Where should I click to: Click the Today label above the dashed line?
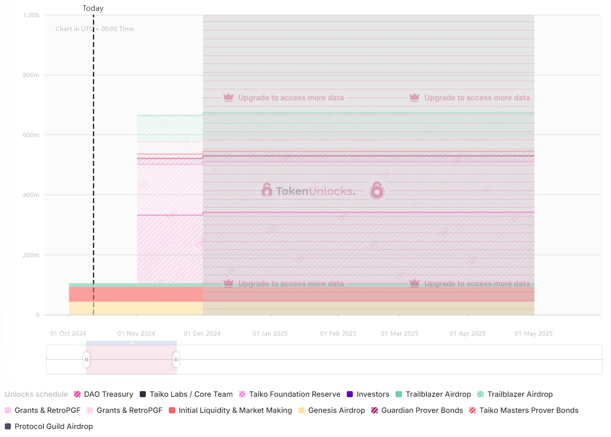[93, 8]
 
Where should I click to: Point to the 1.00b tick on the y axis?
[31, 15]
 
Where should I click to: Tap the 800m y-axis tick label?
[31, 75]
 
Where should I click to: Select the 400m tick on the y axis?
[31, 195]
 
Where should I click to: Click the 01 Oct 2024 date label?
[68, 334]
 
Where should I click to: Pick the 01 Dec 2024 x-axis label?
[202, 334]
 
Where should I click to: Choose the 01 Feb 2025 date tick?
[338, 334]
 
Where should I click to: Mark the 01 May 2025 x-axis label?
[533, 334]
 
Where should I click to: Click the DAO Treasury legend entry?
[104, 394]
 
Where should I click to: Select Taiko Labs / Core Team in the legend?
[186, 394]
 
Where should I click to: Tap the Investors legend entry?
[368, 394]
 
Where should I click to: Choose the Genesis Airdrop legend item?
[332, 410]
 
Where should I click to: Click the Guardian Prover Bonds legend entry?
[417, 410]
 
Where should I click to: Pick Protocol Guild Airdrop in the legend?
[49, 427]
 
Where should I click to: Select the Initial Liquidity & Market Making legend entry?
[230, 410]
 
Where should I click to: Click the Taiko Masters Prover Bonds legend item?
[524, 410]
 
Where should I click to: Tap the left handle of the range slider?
[87, 360]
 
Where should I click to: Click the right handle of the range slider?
[176, 360]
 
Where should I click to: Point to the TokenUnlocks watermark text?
[315, 191]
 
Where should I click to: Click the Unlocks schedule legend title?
[36, 394]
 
